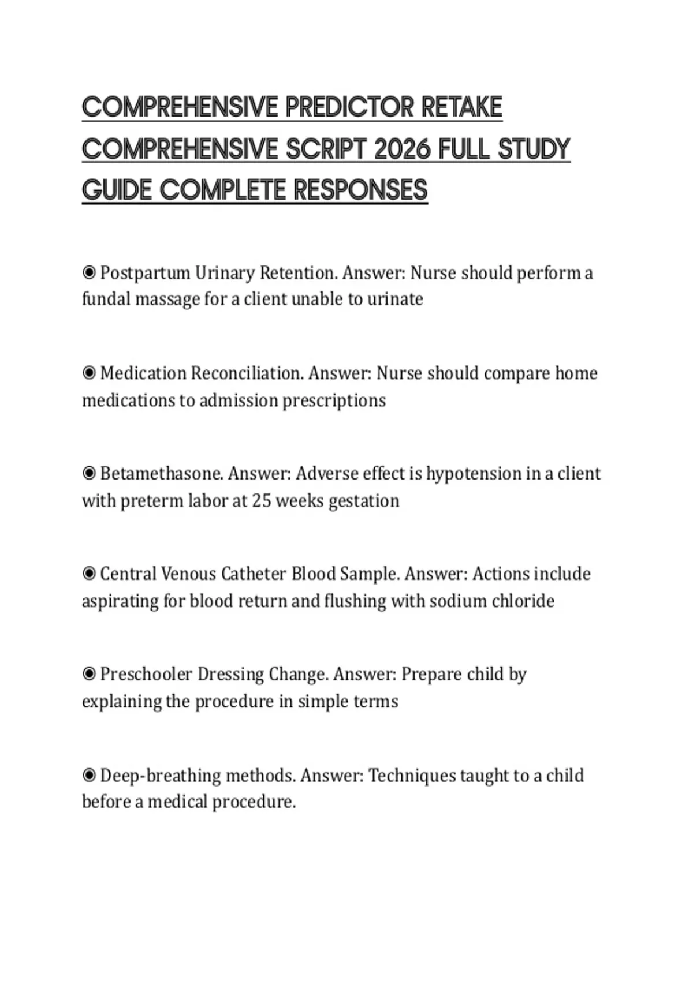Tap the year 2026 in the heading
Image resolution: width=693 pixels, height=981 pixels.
pos(402,149)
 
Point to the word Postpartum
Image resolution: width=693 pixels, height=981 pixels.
pos(145,273)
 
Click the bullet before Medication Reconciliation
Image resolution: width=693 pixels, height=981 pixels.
pos(89,373)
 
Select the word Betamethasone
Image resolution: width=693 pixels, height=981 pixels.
pos(161,474)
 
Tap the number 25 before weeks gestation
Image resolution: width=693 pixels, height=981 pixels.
pos(261,500)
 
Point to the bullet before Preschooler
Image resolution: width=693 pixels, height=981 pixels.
pos(89,674)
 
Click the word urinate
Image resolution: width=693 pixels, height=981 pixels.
pos(395,299)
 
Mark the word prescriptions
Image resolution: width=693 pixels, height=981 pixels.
pos(334,400)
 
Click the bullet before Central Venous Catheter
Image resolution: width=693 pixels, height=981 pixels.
pos(89,574)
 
